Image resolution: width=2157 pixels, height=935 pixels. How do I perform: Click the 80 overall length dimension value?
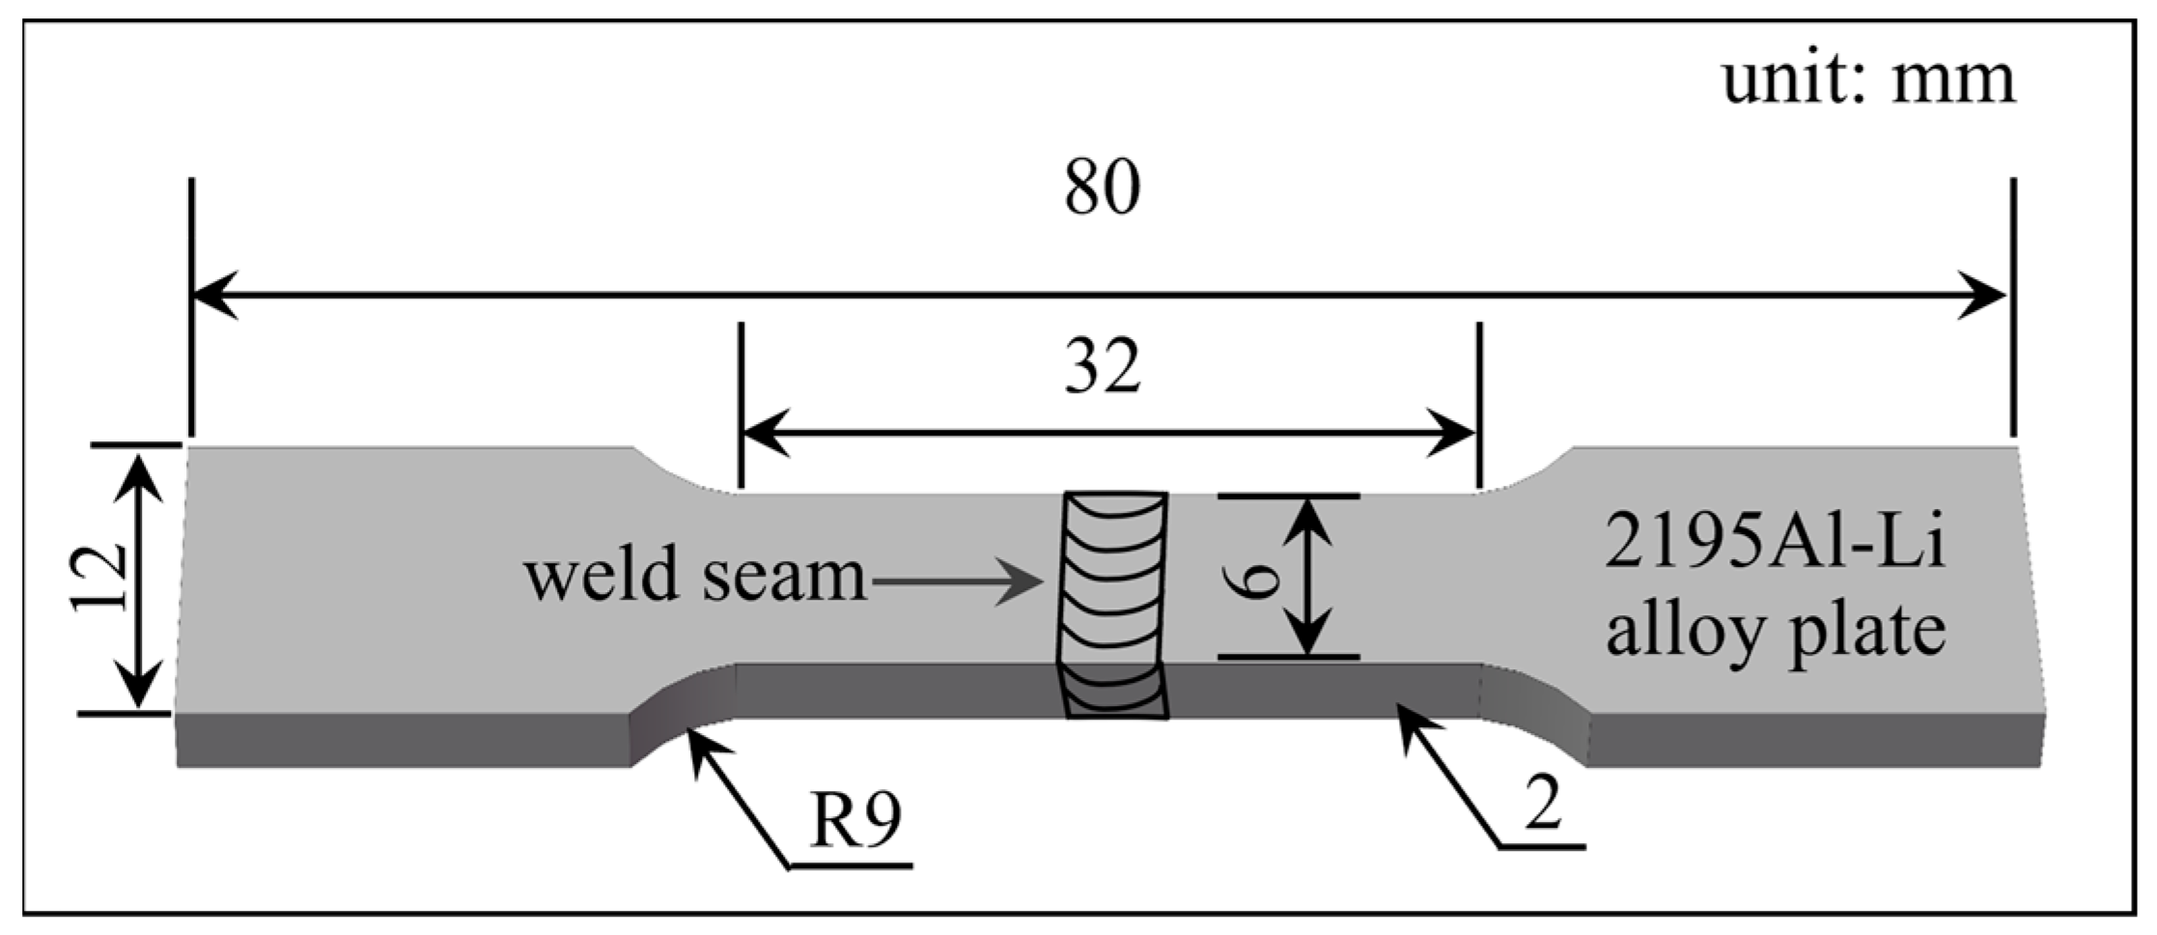coord(1102,188)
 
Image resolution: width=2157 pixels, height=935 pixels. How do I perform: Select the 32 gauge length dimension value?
coord(1102,368)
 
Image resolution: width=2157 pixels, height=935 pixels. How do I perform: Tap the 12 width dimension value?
coord(99,579)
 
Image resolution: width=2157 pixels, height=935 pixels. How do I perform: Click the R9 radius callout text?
coord(855,823)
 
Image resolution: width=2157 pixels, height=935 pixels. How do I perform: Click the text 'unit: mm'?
coord(1869,80)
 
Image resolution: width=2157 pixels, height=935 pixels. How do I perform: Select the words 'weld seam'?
coord(695,577)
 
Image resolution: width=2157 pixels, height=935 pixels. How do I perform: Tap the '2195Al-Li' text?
coord(1775,545)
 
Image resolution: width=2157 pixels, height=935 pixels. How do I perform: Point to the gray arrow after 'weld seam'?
coord(956,582)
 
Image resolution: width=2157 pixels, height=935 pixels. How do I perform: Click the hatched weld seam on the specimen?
coord(1114,604)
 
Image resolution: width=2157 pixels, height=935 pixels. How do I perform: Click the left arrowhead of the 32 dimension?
coord(763,434)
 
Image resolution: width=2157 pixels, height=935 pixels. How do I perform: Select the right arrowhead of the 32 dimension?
coord(1452,434)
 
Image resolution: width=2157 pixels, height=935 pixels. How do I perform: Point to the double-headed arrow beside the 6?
coord(1308,577)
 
